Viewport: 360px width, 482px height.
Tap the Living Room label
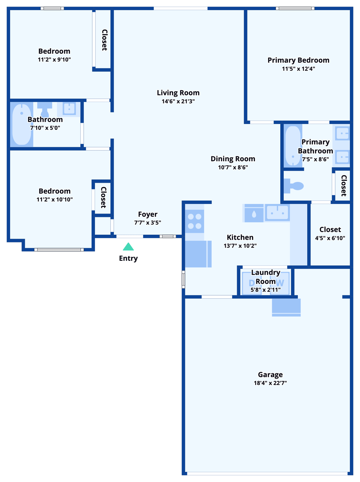(178, 93)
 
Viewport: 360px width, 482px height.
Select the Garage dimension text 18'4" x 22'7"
(270, 383)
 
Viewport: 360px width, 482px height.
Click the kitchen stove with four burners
(194, 221)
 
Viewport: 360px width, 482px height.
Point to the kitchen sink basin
(277, 212)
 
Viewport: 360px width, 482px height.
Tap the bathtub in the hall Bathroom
(22, 124)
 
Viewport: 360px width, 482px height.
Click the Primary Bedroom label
(298, 60)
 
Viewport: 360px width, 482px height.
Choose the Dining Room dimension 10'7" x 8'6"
(233, 167)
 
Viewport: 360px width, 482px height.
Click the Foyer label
(148, 214)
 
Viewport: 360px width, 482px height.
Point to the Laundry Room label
(266, 277)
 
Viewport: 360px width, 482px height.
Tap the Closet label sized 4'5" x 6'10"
(330, 230)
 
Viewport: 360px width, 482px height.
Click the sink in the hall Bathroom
(69, 109)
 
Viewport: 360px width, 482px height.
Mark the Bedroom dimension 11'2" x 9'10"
(54, 60)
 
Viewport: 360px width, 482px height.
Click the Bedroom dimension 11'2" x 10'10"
(55, 200)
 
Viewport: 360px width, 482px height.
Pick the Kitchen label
(240, 238)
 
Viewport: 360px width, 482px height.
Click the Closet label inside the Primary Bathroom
(344, 186)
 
